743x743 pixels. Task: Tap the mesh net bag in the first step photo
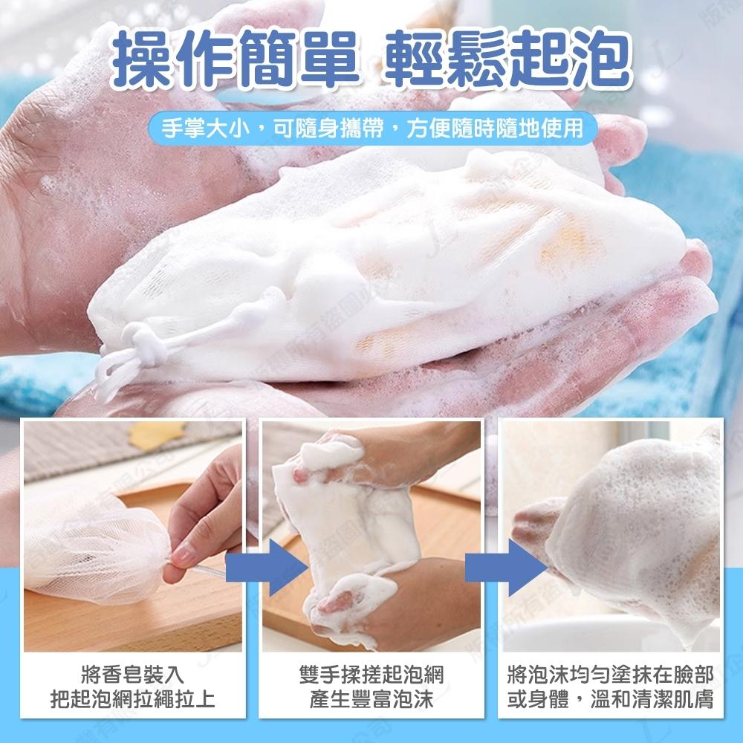pyautogui.click(x=97, y=542)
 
